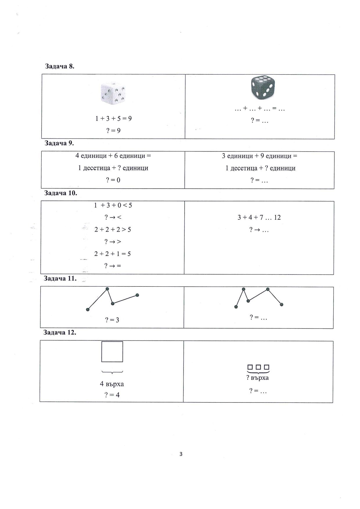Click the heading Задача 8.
[x=60, y=66]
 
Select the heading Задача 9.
[x=59, y=143]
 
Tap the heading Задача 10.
[x=61, y=193]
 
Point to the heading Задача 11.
[x=60, y=278]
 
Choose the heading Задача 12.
[x=60, y=332]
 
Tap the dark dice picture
[x=262, y=88]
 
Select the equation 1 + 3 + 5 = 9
[x=114, y=118]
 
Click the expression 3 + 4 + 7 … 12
[x=259, y=217]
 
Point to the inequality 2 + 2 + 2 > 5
[x=113, y=230]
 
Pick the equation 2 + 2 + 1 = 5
[x=113, y=254]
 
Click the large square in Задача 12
[x=112, y=352]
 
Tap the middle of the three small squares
[x=258, y=367]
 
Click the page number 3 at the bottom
[x=181, y=454]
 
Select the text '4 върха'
[x=112, y=384]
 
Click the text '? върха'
[x=258, y=378]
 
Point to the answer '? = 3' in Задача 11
[x=112, y=320]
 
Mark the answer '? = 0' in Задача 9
[x=113, y=180]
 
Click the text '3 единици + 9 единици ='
[x=260, y=156]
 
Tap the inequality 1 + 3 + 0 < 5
[x=113, y=205]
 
